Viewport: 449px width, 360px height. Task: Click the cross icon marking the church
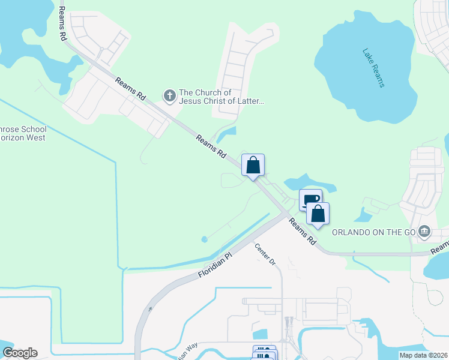coord(170,95)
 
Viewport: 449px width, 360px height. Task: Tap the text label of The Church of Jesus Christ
coord(221,97)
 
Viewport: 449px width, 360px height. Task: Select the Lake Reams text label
coord(373,68)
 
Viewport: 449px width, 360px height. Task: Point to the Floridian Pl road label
coord(214,265)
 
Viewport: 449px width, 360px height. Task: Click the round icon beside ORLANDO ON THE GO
coord(424,231)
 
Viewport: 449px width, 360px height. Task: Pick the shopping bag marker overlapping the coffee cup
coord(318,214)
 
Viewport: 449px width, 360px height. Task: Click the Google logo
coord(20,353)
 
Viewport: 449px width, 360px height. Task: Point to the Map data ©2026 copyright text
coord(424,355)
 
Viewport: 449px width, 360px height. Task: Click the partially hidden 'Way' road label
coord(187,350)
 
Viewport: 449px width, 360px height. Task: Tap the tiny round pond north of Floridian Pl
coord(204,239)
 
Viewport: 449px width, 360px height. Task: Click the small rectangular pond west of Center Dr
coord(260,334)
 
